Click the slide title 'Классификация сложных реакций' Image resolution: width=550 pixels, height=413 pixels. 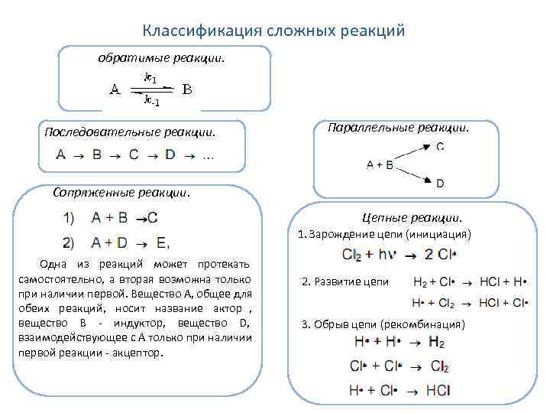[273, 31]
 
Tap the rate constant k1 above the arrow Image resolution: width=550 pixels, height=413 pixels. [150, 78]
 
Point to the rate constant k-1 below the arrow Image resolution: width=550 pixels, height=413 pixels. [150, 101]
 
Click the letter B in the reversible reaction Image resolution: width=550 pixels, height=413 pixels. [186, 89]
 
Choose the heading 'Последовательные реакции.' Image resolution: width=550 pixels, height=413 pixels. [130, 132]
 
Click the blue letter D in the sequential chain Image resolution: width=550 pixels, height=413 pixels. [170, 156]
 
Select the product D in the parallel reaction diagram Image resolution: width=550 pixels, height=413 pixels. [440, 184]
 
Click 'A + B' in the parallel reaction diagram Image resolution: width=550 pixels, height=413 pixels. [380, 164]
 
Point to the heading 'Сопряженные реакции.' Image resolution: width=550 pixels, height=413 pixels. [121, 192]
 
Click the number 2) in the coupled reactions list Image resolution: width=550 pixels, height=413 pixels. [69, 242]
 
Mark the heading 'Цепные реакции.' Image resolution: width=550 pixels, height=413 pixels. [412, 218]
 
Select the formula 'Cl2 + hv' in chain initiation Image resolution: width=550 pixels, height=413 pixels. [369, 254]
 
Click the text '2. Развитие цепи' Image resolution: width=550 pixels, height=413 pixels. [345, 281]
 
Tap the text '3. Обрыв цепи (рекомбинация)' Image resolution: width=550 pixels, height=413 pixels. [383, 324]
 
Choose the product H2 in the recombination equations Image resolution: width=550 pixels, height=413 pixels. [437, 341]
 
